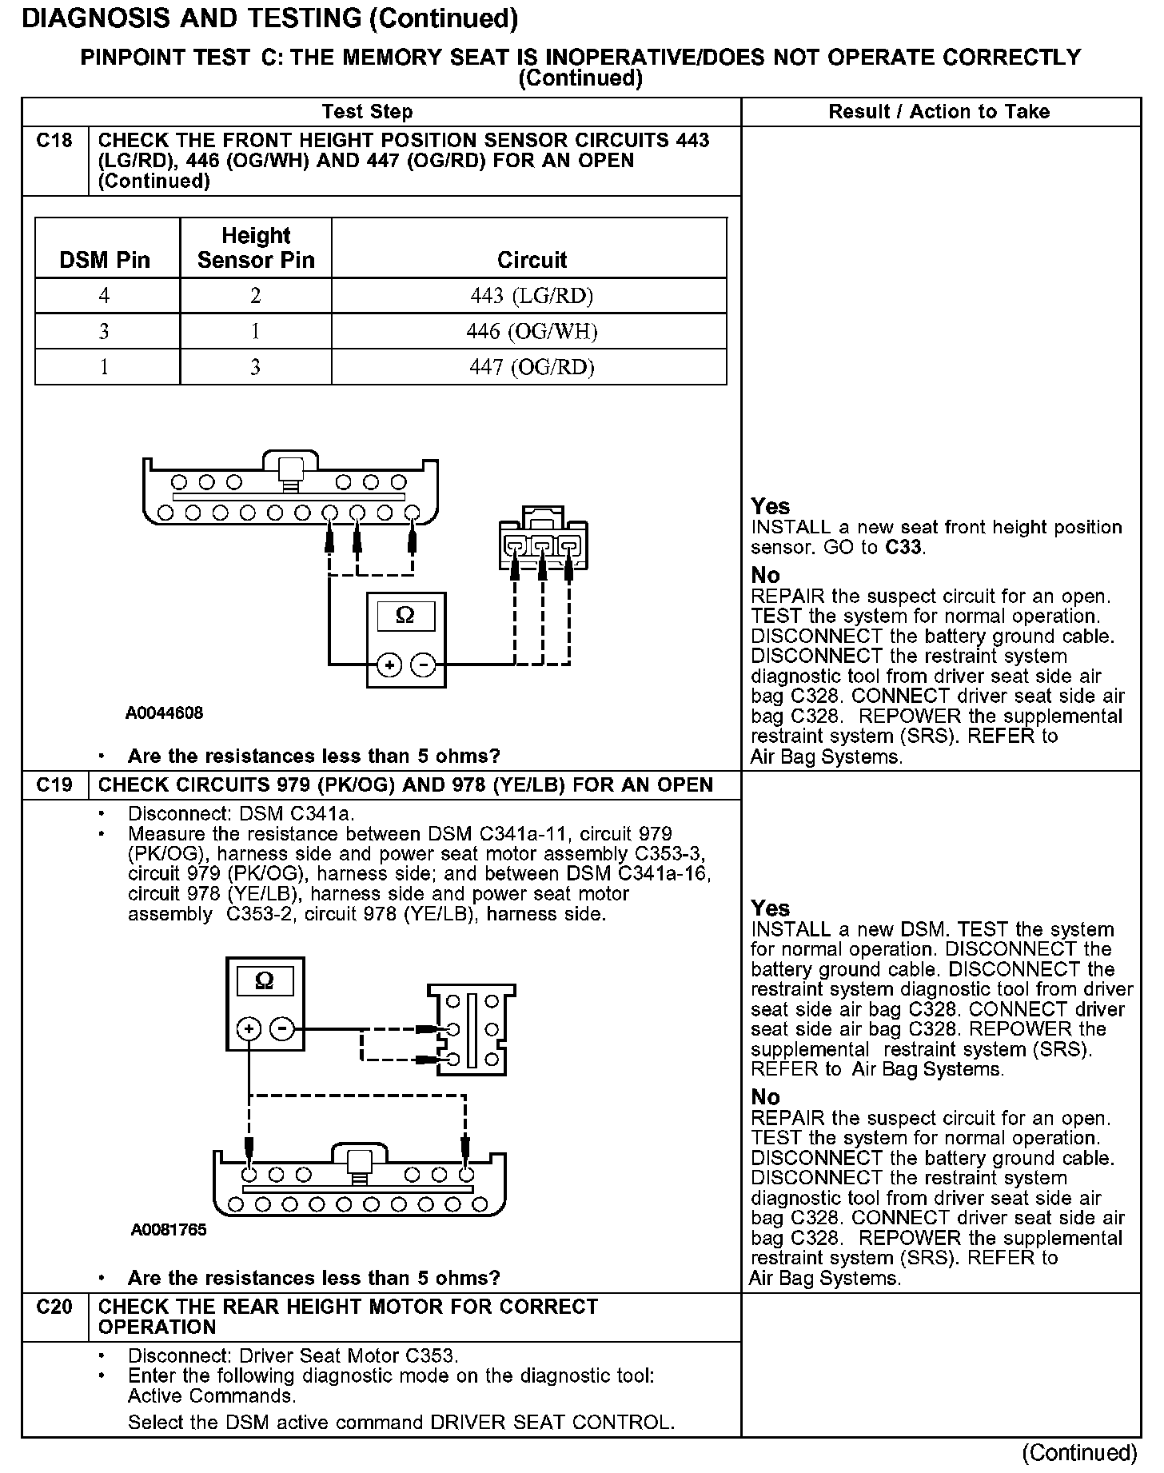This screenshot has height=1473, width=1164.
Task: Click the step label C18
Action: point(54,141)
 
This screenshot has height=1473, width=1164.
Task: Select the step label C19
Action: point(54,784)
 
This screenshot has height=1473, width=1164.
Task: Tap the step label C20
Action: point(54,1307)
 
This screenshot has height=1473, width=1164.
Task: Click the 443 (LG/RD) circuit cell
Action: point(532,296)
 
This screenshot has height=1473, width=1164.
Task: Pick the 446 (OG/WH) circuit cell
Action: point(532,331)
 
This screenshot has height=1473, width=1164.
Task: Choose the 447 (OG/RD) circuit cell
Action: point(532,367)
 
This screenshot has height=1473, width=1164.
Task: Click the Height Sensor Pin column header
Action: point(256,248)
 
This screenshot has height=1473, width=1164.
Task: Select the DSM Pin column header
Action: point(105,260)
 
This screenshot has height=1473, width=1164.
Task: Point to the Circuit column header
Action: point(532,260)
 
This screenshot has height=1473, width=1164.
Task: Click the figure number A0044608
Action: point(164,713)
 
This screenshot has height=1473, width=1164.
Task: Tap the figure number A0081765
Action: point(169,1230)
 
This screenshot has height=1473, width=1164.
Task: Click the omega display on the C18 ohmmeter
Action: point(405,616)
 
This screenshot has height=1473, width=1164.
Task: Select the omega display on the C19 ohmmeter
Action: point(265,981)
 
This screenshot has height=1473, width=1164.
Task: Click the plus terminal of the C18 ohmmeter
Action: point(389,665)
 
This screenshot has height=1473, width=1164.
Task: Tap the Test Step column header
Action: point(367,112)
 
